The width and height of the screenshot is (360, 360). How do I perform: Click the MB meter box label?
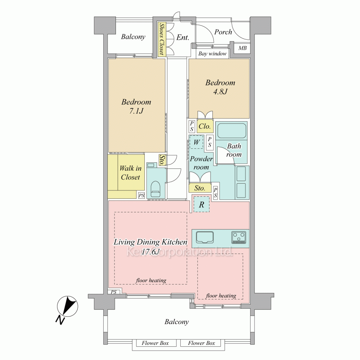coord(242,48)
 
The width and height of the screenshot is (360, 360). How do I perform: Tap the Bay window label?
coord(212,54)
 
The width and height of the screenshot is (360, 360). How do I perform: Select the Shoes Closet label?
coord(162,39)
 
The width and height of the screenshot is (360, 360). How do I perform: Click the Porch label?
coord(223,32)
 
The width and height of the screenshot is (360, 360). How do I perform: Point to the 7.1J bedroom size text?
coord(136,111)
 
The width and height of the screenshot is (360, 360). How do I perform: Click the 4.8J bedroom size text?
coord(220,92)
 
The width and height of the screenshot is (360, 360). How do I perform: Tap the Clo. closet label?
coord(204,126)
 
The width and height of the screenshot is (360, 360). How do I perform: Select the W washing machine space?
coord(196,142)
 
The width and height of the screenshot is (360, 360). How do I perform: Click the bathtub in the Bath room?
coord(231,131)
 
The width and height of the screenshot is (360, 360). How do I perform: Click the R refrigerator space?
coord(201,204)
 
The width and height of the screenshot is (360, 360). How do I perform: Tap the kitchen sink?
coord(205,237)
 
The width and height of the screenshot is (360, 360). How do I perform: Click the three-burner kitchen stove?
coord(239,237)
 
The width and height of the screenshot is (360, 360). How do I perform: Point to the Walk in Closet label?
coord(130,173)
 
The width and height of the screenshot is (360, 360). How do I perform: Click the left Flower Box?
coord(155,343)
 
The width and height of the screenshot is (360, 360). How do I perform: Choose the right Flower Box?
coord(201,343)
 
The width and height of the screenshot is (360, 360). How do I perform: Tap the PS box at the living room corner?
coord(114,292)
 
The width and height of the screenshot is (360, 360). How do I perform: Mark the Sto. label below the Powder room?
coord(200,188)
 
